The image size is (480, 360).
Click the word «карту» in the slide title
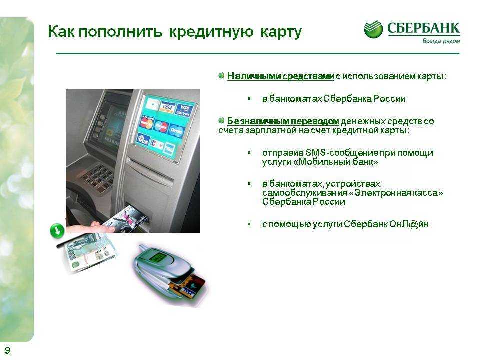click(281, 32)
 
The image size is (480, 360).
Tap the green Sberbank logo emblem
click(373, 29)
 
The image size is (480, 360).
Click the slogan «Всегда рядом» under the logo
click(441, 41)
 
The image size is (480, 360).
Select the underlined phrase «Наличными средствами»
click(280, 76)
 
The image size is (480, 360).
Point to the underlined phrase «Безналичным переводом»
click(283, 121)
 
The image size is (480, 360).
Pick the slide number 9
click(7, 350)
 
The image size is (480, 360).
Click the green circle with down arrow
click(57, 231)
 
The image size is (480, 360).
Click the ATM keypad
click(98, 179)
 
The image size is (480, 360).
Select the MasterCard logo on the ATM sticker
click(147, 123)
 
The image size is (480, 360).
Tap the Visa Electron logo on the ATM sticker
click(184, 110)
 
